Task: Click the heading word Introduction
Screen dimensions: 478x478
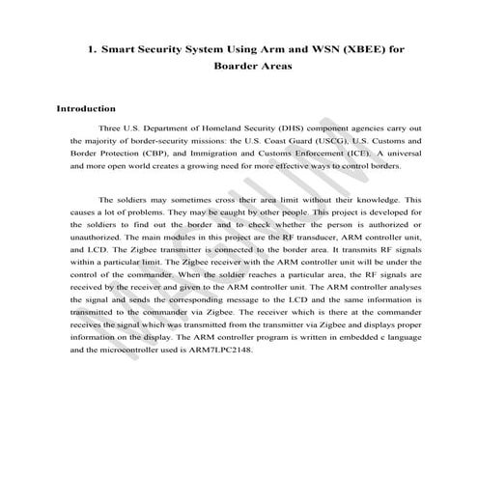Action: [x=87, y=109]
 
